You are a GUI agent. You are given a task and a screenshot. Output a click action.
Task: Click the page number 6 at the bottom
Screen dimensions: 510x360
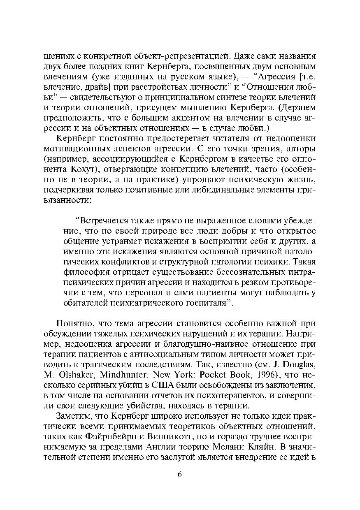pos(179,474)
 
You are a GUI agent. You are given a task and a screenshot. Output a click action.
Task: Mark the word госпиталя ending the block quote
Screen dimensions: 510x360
pos(205,303)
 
